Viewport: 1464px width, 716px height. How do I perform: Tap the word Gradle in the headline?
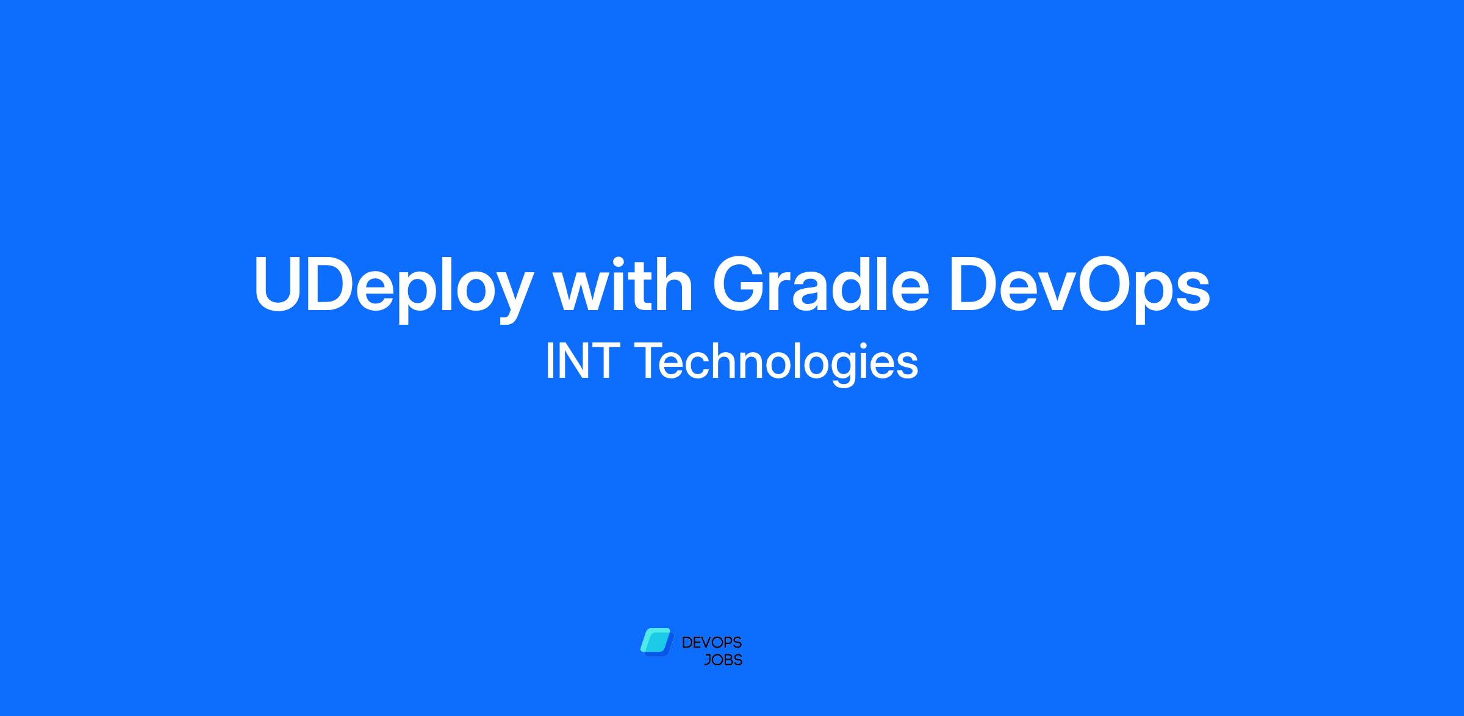[x=820, y=283]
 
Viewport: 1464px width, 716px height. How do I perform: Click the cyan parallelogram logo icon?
[x=656, y=642]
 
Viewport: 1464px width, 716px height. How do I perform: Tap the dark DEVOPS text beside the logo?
[x=711, y=643]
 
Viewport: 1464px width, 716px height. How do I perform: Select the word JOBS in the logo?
[x=723, y=660]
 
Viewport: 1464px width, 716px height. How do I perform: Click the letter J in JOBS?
[x=708, y=660]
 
